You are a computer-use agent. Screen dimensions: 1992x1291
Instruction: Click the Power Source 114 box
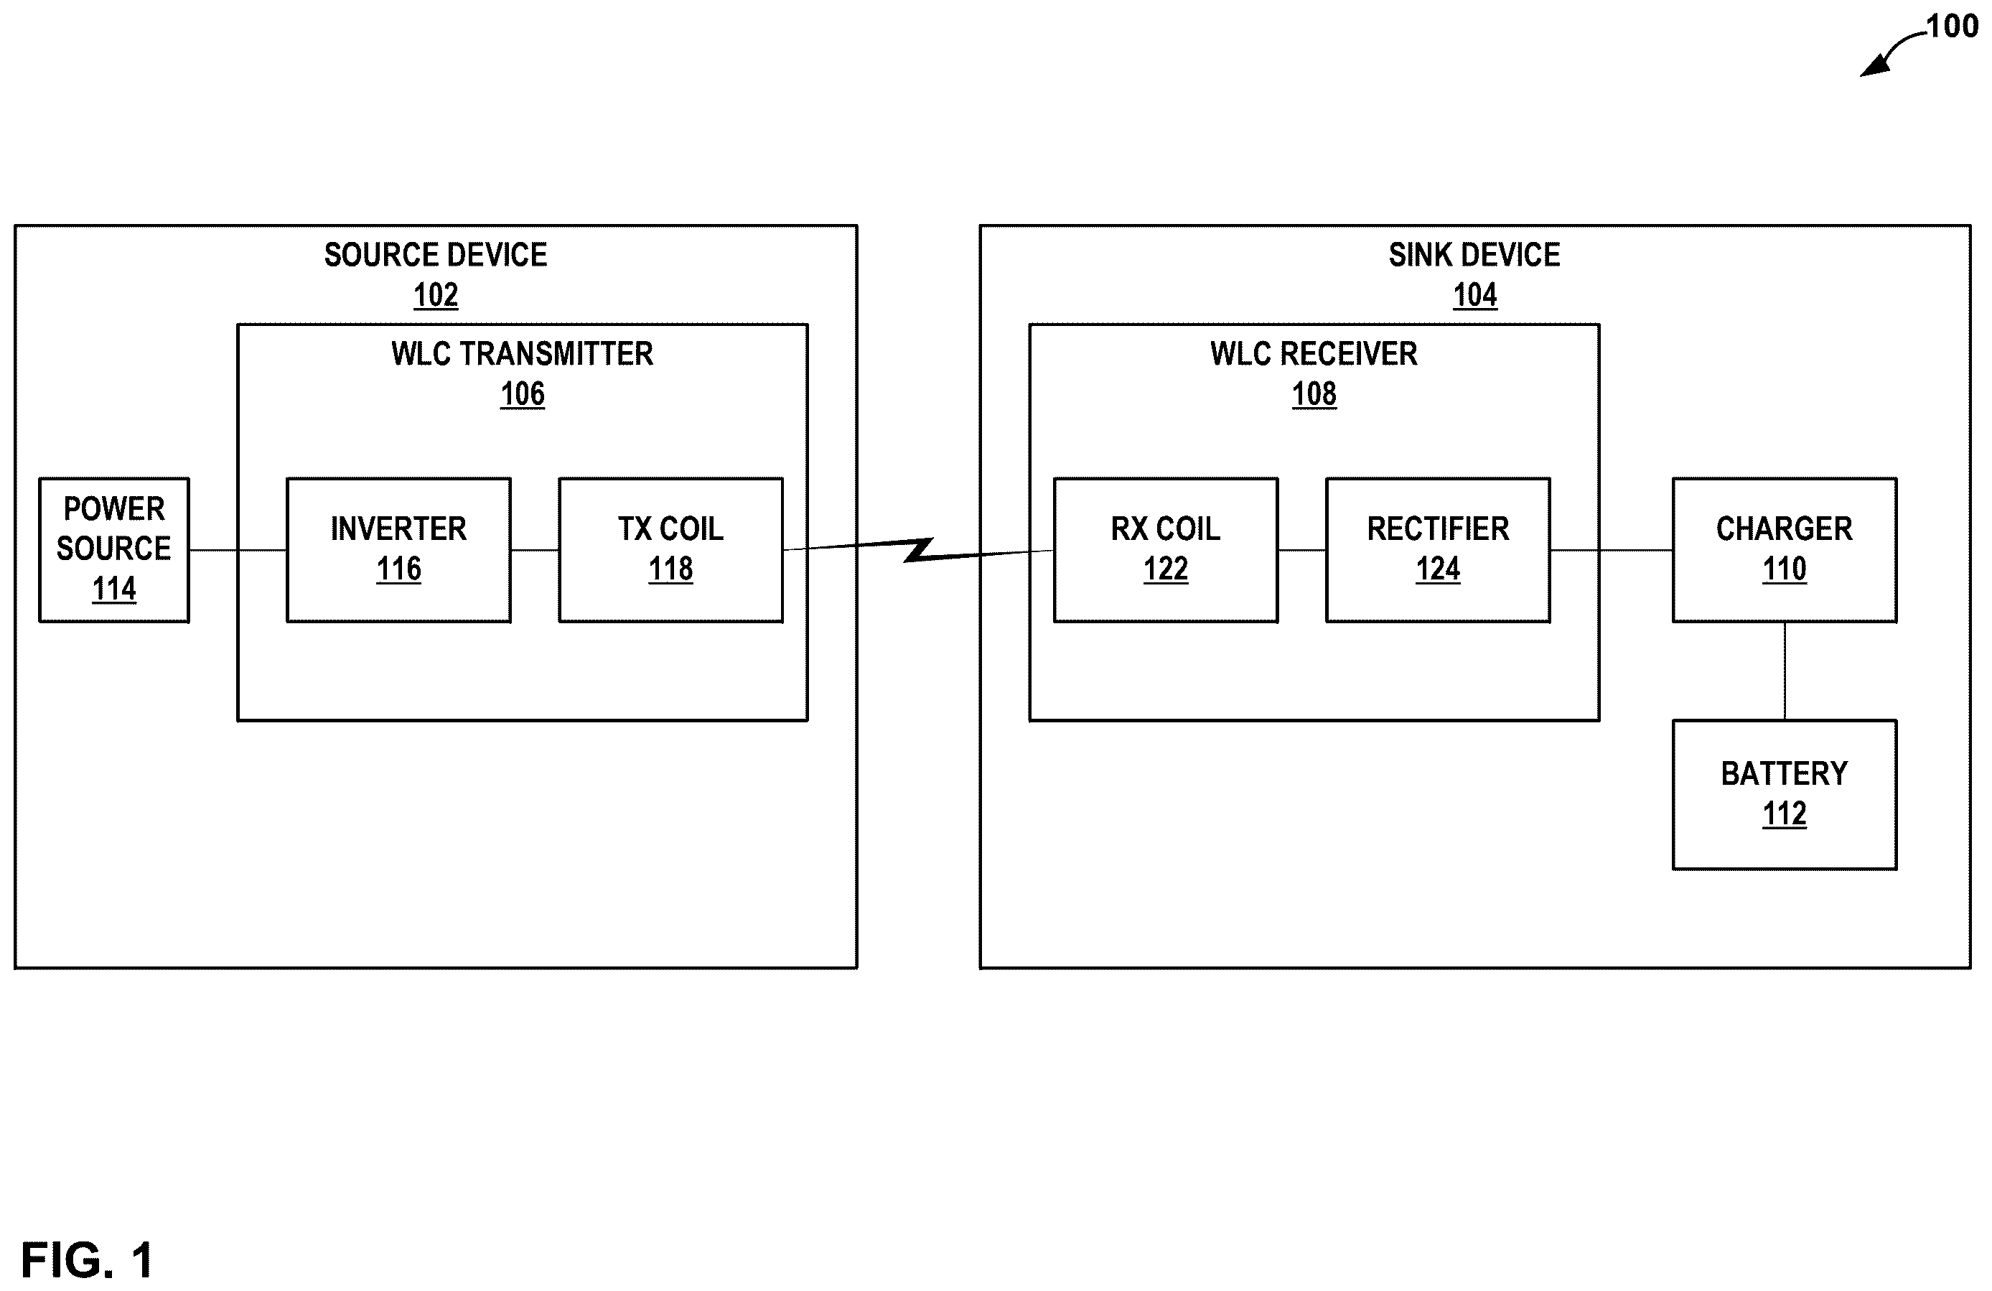point(114,550)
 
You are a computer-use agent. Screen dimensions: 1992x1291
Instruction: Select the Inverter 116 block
point(398,550)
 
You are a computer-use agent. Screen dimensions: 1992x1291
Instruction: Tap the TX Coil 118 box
point(670,550)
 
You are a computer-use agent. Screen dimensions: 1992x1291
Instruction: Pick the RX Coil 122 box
point(1165,550)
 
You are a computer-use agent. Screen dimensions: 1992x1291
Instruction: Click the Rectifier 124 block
point(1438,550)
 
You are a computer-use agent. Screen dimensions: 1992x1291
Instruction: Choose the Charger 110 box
point(1785,550)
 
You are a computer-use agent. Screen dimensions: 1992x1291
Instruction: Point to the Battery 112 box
point(1785,795)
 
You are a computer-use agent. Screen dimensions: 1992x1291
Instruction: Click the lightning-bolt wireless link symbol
point(919,550)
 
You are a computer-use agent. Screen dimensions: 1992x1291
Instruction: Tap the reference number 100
point(1952,27)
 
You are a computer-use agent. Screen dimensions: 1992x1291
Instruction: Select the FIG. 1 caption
point(88,1260)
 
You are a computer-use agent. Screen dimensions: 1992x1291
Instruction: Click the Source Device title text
point(435,254)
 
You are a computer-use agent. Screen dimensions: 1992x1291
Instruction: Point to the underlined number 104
point(1474,294)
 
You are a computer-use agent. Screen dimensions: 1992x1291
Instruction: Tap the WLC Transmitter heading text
point(523,353)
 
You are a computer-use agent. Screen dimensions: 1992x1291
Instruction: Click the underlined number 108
point(1314,393)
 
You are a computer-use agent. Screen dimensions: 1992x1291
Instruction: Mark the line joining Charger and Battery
point(1785,671)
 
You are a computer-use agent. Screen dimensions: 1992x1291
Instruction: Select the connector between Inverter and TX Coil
point(535,550)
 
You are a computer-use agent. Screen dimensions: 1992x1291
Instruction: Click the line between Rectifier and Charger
point(1611,550)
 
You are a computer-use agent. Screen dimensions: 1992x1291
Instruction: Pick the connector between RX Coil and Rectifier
point(1301,550)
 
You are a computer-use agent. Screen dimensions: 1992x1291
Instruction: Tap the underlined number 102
point(435,294)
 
